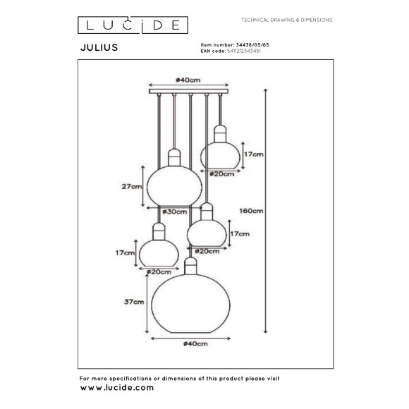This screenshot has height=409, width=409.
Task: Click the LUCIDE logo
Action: (x=132, y=25)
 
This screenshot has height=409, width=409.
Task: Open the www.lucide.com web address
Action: (x=116, y=387)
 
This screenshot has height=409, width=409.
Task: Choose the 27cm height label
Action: (x=130, y=187)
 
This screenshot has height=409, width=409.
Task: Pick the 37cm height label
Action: (x=132, y=302)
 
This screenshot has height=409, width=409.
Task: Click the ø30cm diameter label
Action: (x=175, y=212)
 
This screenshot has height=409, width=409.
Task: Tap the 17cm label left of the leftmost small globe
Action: (x=126, y=252)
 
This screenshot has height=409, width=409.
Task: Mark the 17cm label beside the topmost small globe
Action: (x=254, y=154)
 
